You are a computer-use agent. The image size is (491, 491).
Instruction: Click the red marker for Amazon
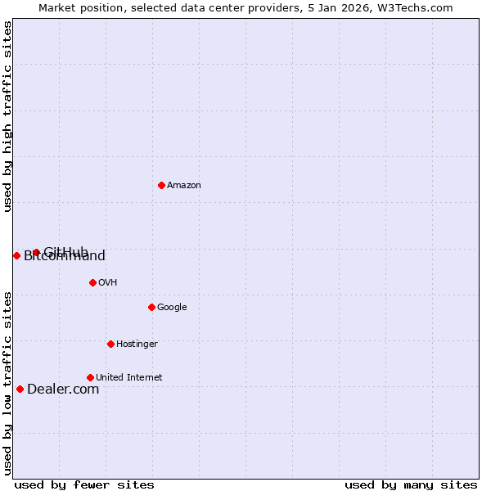click(161, 185)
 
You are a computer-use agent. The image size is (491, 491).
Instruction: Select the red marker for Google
click(151, 307)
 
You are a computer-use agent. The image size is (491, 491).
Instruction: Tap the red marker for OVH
click(92, 282)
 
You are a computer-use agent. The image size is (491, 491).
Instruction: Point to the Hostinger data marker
click(110, 344)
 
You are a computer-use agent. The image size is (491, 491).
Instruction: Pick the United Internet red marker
click(90, 377)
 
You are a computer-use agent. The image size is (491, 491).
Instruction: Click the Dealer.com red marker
click(20, 389)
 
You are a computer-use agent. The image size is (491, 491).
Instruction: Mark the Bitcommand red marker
click(16, 255)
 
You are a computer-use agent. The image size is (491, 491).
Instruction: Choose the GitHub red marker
click(36, 252)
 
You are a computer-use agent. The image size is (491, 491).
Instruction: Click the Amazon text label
click(184, 185)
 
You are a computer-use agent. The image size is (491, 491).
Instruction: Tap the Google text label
click(172, 307)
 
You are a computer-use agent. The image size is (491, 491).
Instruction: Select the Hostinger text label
click(137, 344)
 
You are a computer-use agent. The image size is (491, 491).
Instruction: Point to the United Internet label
click(129, 377)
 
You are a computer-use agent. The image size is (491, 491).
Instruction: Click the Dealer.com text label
click(63, 389)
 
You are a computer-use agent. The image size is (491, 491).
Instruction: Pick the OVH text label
click(107, 282)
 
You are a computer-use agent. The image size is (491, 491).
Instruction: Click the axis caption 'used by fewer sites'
click(84, 484)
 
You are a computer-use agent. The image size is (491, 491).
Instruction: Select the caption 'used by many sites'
click(411, 484)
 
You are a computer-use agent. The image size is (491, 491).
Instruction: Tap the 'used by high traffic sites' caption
click(7, 116)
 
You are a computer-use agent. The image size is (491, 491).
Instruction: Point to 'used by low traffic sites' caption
click(7, 382)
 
